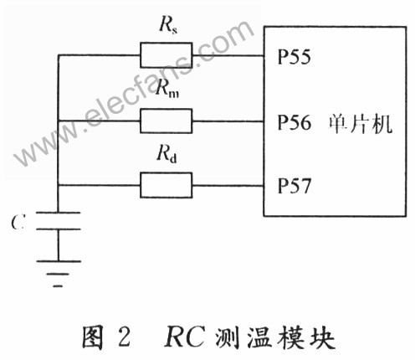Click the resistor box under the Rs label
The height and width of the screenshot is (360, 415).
pyautogui.click(x=167, y=55)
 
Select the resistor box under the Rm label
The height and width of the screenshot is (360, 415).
pyautogui.click(x=167, y=121)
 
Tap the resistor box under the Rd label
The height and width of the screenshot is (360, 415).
pyautogui.click(x=167, y=185)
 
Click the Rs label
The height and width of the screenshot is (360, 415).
pyautogui.click(x=168, y=25)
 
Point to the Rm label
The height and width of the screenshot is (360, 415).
pyautogui.click(x=167, y=88)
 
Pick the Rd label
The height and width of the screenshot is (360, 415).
pyautogui.click(x=167, y=153)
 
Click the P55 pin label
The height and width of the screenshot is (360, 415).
pyautogui.click(x=294, y=57)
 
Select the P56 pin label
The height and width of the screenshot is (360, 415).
pyautogui.click(x=294, y=122)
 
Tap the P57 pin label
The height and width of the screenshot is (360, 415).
pyautogui.click(x=294, y=186)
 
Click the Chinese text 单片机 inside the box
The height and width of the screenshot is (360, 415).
pyautogui.click(x=361, y=124)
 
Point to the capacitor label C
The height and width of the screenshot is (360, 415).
pyautogui.click(x=18, y=223)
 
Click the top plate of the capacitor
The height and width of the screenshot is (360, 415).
pyautogui.click(x=59, y=213)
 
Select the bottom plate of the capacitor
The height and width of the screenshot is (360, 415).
pyautogui.click(x=59, y=229)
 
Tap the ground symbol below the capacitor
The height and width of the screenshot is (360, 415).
pyautogui.click(x=59, y=274)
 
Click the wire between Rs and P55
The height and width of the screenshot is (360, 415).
pyautogui.click(x=228, y=55)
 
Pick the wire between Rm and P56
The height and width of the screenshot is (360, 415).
pyautogui.click(x=228, y=121)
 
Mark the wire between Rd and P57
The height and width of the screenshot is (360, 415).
pyautogui.click(x=228, y=186)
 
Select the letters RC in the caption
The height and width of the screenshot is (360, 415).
pyautogui.click(x=185, y=337)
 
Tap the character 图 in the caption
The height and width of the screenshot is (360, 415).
pyautogui.click(x=93, y=337)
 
